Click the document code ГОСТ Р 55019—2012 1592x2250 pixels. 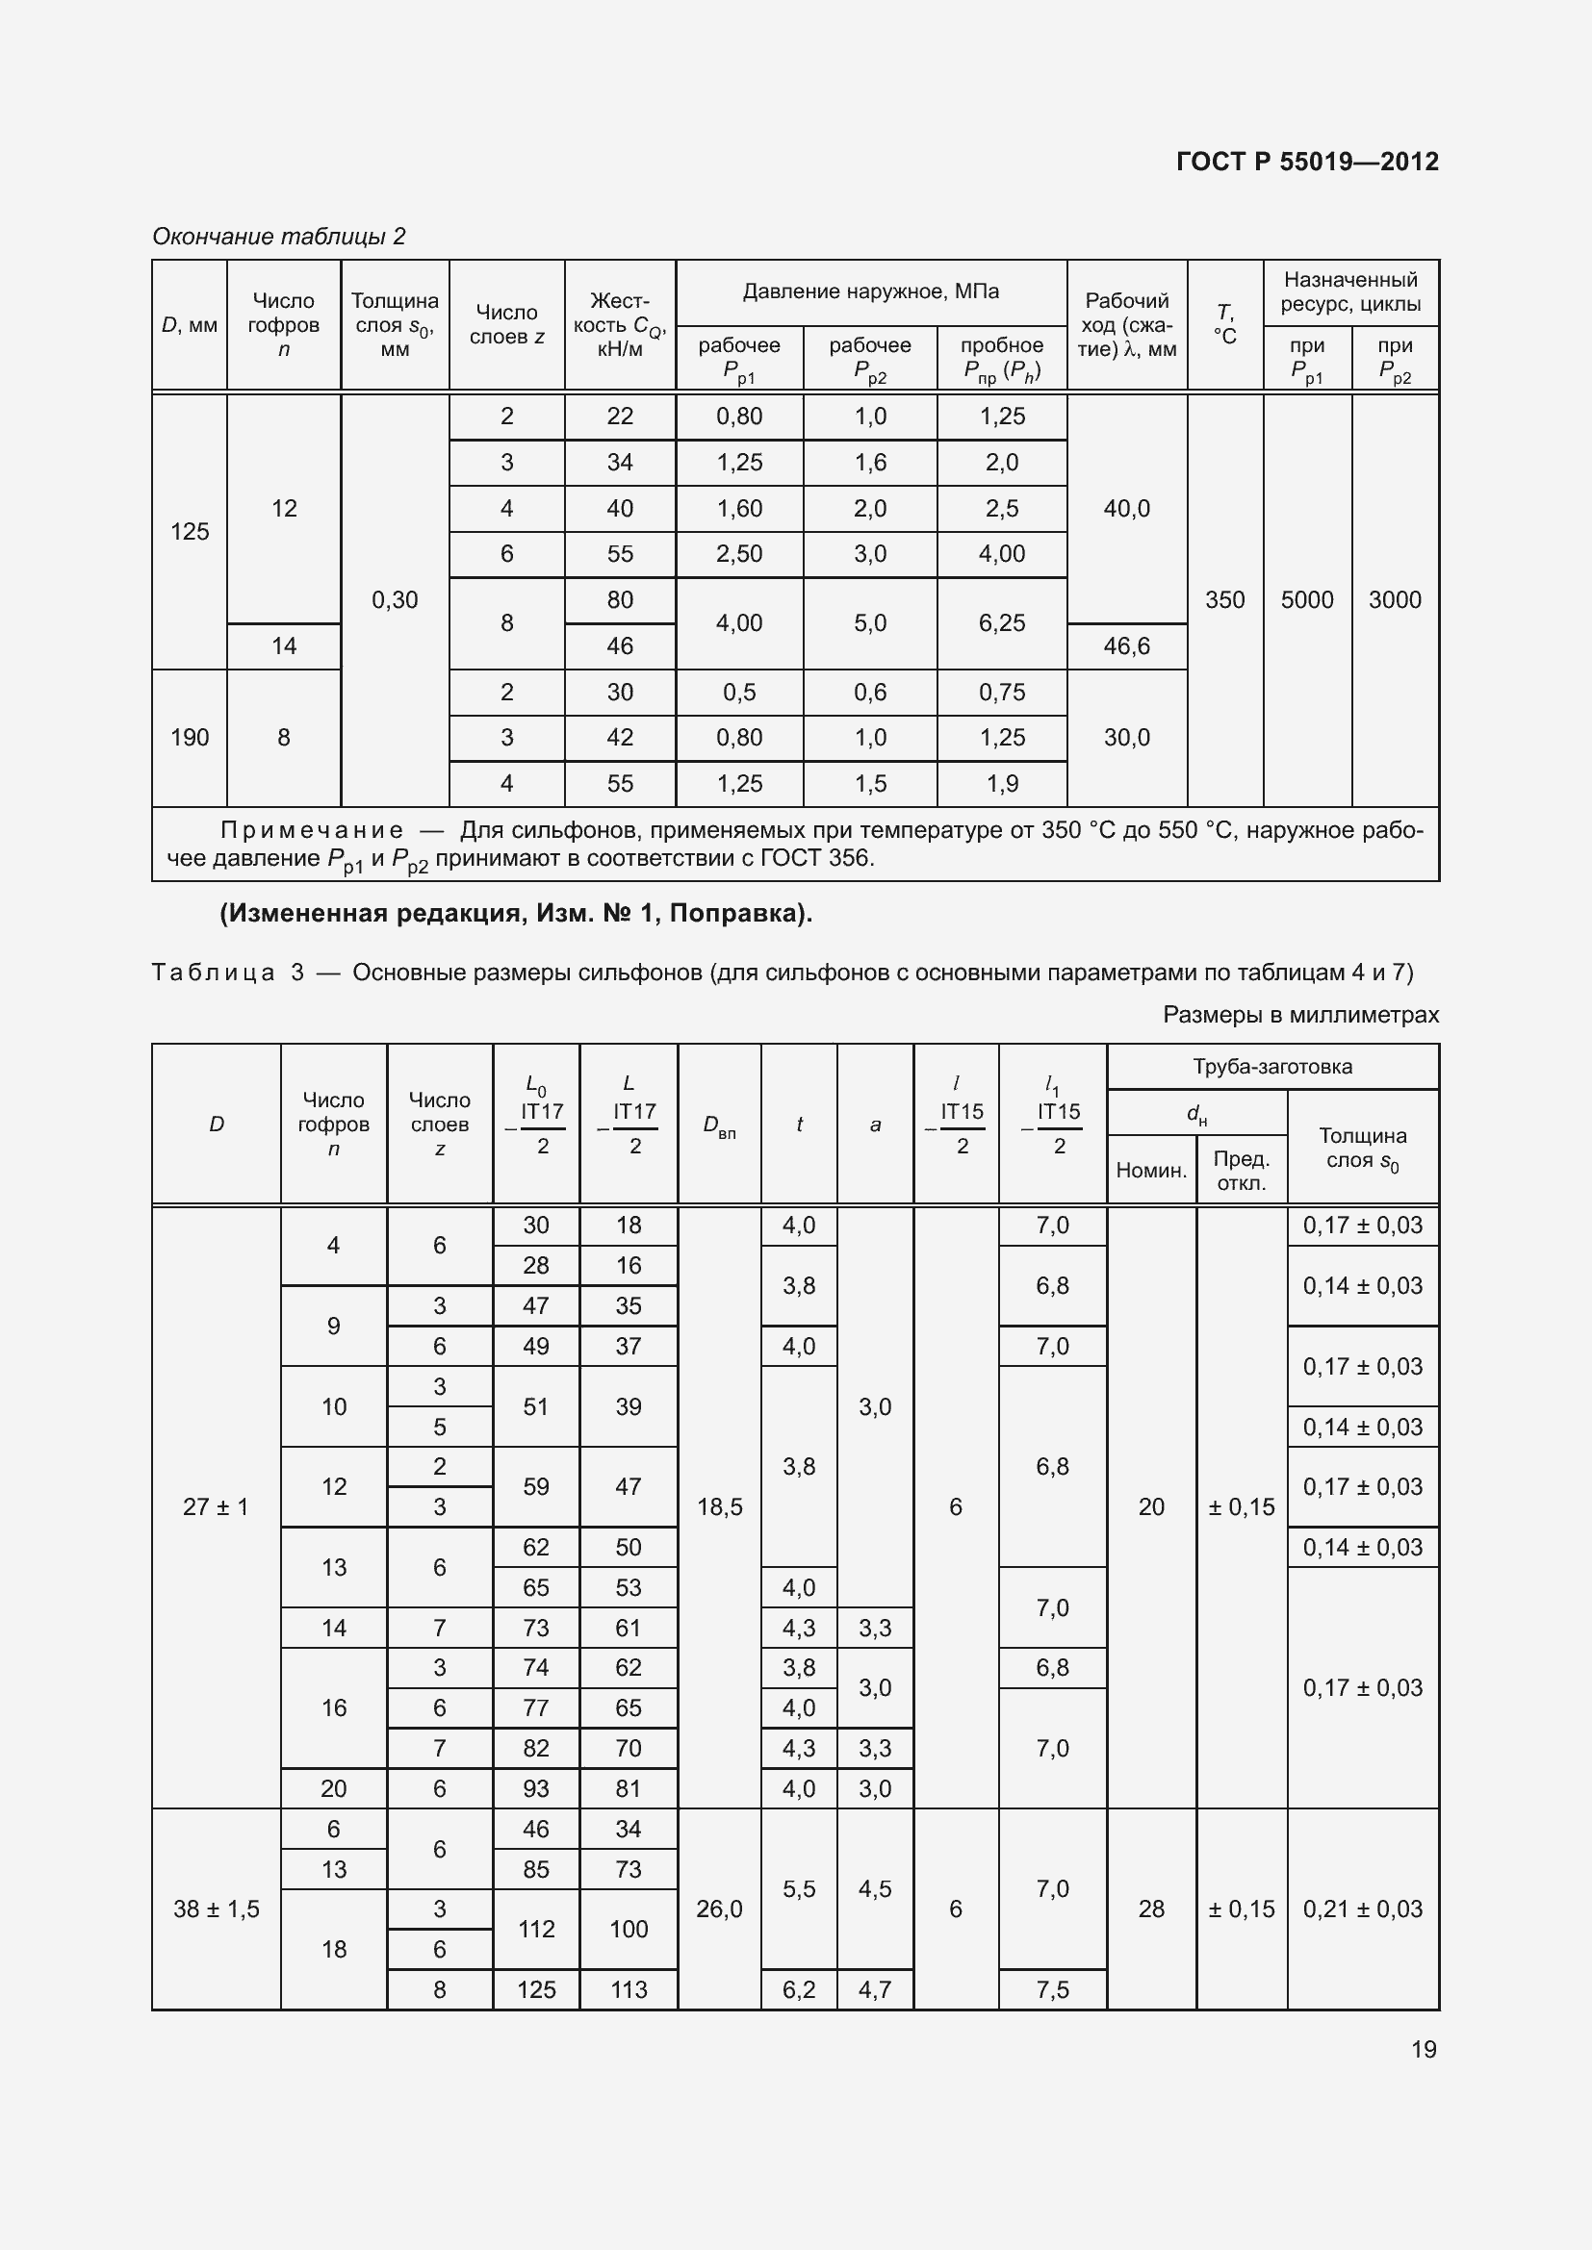[1307, 162]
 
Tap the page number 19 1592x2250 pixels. [1424, 2048]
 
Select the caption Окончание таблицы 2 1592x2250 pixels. [278, 237]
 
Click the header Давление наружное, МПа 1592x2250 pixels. [870, 291]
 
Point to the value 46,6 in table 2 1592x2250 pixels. [1126, 645]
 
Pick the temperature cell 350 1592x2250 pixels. [1224, 599]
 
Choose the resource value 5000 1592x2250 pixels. [1307, 599]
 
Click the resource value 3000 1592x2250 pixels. [1394, 599]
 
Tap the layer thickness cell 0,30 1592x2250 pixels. [394, 599]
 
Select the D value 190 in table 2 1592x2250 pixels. [190, 737]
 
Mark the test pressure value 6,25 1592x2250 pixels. [1001, 623]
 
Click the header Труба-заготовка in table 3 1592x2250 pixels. [1271, 1066]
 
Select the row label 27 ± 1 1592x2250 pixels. [216, 1506]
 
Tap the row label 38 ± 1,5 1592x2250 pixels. [216, 1908]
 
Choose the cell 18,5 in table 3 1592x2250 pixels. [719, 1506]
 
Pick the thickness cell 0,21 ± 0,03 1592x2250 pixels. [1362, 1908]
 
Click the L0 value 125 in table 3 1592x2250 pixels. [535, 1989]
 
